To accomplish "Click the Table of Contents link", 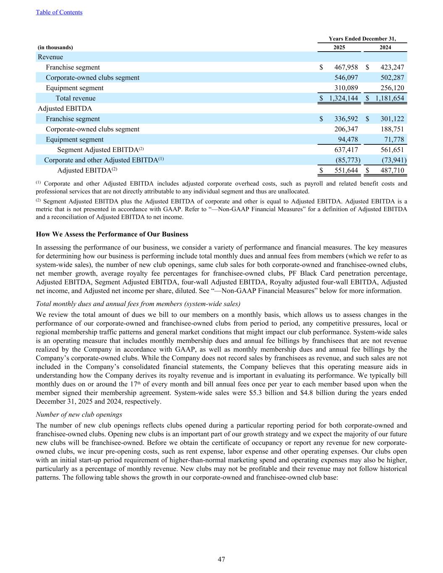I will (59, 12).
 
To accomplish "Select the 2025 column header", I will (339, 47).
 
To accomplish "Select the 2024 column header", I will (385, 47).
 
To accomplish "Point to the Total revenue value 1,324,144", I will (343, 98).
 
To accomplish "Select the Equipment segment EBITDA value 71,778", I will (393, 139).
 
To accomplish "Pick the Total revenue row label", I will (76, 98).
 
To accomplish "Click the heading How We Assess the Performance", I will (112, 234).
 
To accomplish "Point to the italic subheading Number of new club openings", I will (79, 414).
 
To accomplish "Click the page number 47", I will (221, 559).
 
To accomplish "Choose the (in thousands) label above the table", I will (55, 47).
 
